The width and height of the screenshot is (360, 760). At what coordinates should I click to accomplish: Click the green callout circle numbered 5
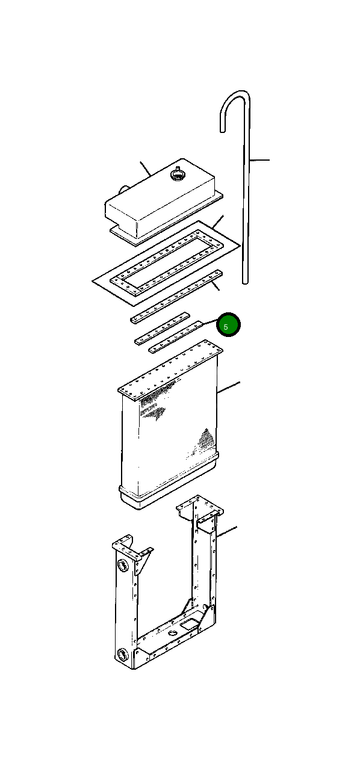pyautogui.click(x=228, y=325)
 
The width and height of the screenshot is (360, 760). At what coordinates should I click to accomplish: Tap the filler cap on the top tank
pyautogui.click(x=178, y=175)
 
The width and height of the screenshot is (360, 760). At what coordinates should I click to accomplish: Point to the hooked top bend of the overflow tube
pyautogui.click(x=235, y=102)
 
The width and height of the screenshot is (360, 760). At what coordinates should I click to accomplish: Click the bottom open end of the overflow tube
pyautogui.click(x=245, y=281)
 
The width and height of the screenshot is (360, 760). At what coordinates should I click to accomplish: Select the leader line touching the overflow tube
pyautogui.click(x=259, y=159)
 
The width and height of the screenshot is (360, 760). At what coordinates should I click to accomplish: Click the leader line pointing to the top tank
pyautogui.click(x=145, y=168)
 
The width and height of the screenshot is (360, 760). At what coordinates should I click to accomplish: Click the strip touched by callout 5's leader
pyautogui.click(x=176, y=337)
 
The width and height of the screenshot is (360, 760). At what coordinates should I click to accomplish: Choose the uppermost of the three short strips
pyautogui.click(x=160, y=318)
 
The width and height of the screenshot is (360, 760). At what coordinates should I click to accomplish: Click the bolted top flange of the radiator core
pyautogui.click(x=170, y=371)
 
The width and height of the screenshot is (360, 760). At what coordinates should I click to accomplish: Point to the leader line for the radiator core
pyautogui.click(x=228, y=388)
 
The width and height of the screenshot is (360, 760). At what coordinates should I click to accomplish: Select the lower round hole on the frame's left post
pyautogui.click(x=122, y=654)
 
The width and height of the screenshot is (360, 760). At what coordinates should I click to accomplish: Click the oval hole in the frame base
pyautogui.click(x=173, y=633)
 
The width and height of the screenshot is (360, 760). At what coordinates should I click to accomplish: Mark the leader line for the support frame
pyautogui.click(x=226, y=531)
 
